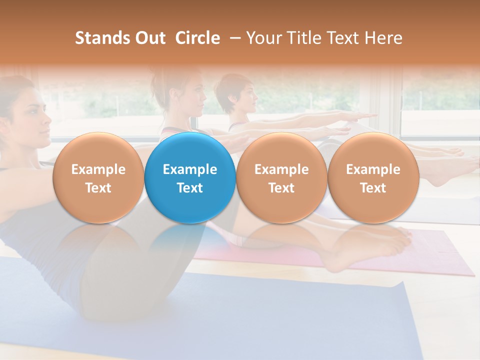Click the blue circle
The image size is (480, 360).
(190, 178)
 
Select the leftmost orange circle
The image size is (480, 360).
(98, 178)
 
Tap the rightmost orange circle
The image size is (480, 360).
(373, 178)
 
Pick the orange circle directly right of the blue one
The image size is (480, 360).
(281, 178)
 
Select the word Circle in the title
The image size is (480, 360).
(197, 38)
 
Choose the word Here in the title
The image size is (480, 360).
(382, 38)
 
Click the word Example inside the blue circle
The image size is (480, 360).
(190, 169)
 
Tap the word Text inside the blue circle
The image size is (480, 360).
(190, 188)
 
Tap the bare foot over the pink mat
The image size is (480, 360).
(370, 247)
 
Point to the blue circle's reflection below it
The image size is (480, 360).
(190, 240)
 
